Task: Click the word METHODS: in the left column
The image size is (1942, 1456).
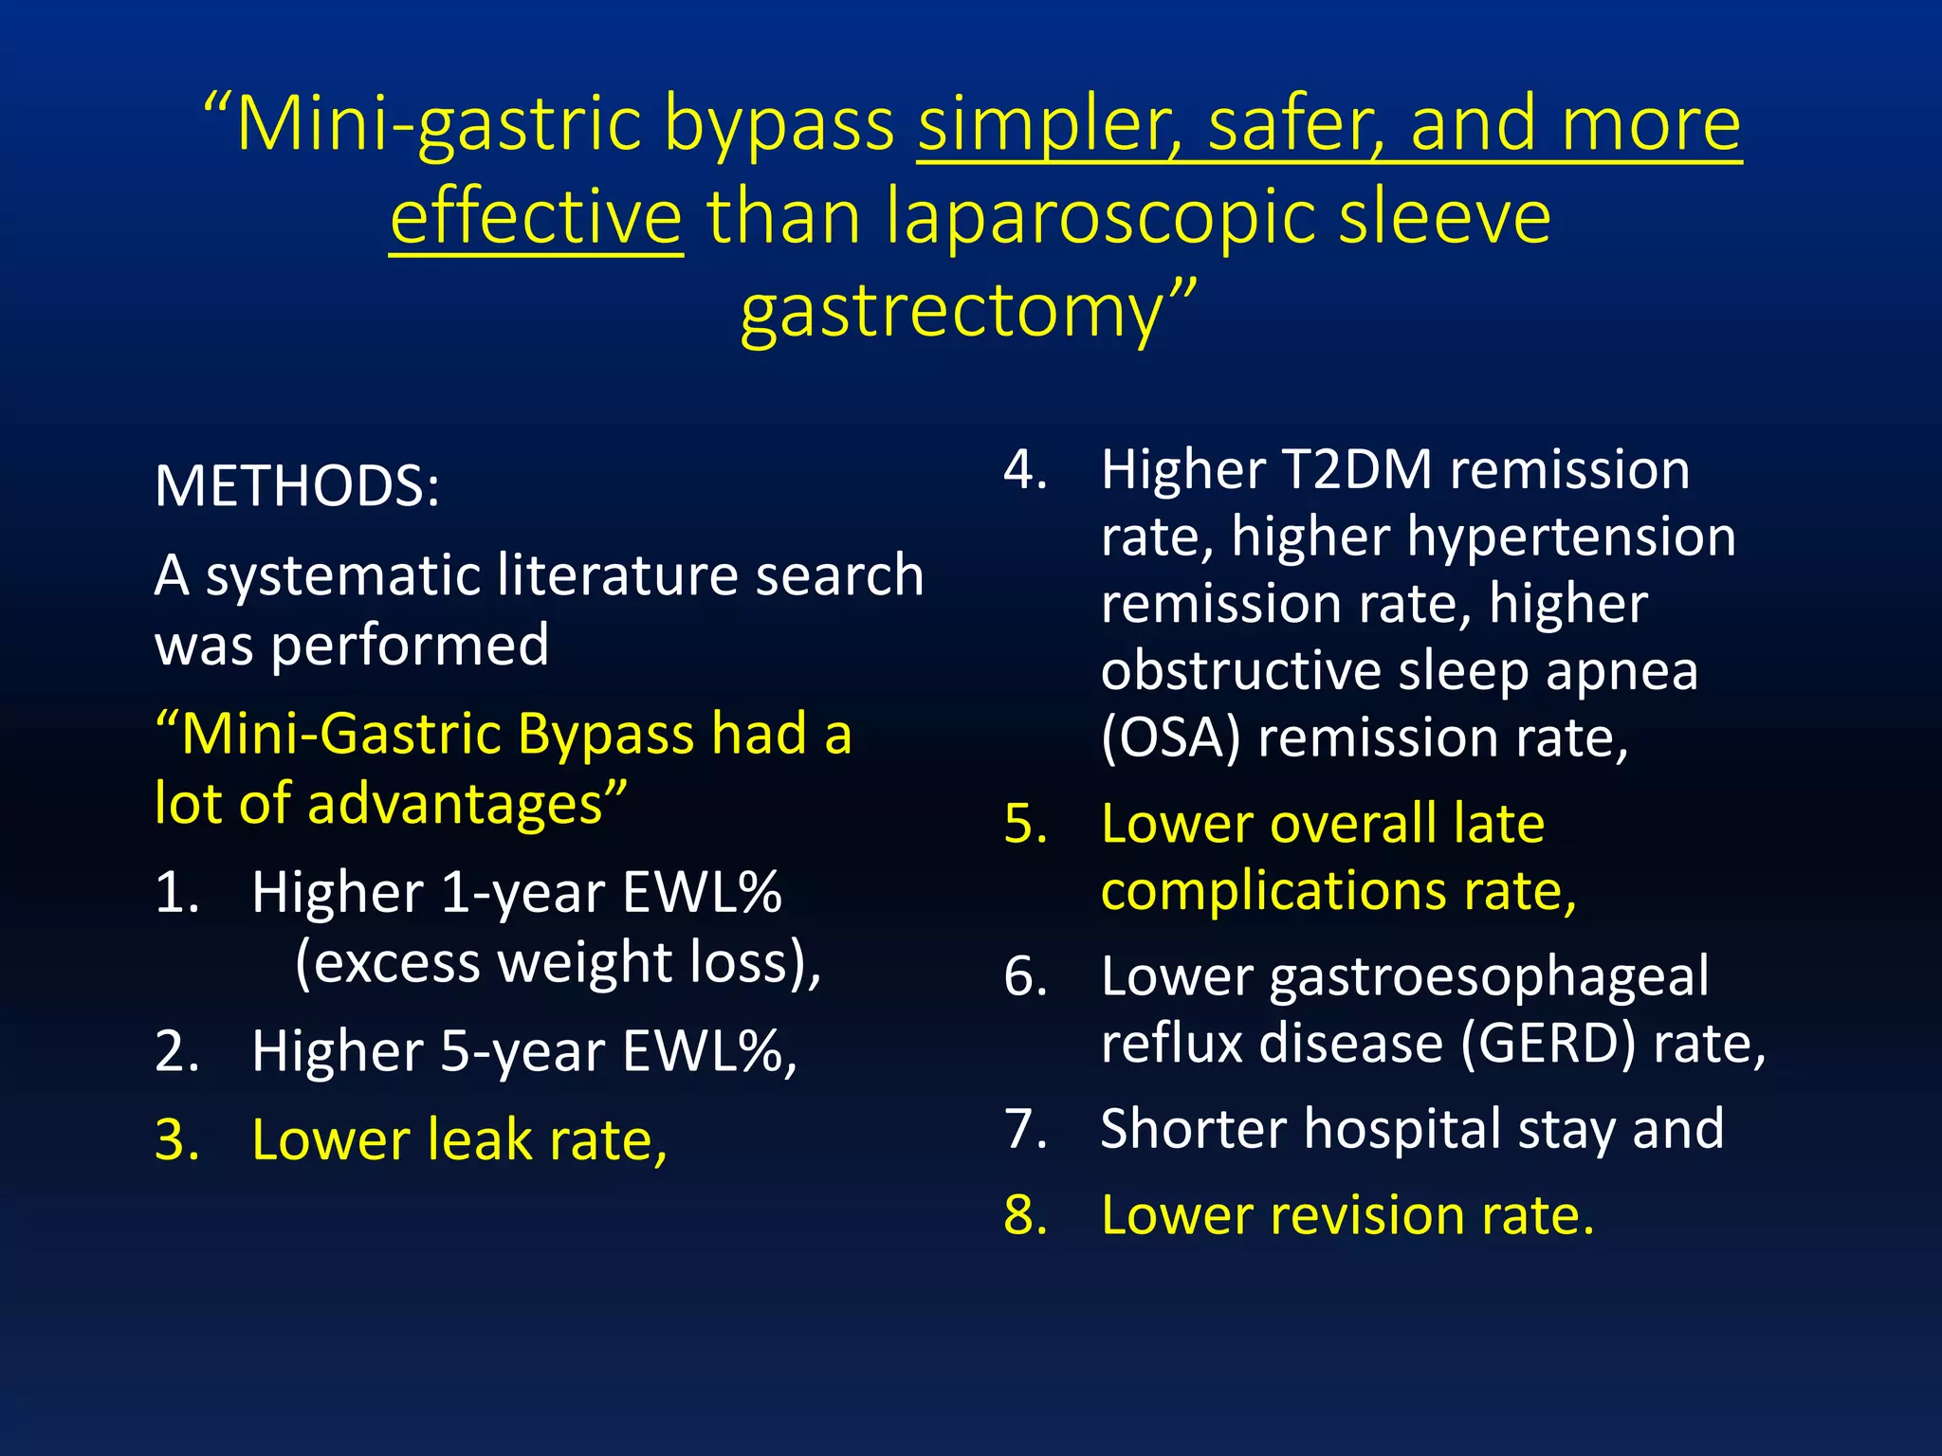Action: pyautogui.click(x=297, y=486)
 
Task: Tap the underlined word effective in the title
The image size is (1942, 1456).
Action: pyautogui.click(x=536, y=217)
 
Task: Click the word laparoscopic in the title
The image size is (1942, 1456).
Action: pyautogui.click(x=1100, y=217)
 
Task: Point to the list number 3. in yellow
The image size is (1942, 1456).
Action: pyautogui.click(x=177, y=1139)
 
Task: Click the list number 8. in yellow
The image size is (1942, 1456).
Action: pyautogui.click(x=1026, y=1215)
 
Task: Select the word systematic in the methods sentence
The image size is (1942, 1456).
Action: pyautogui.click(x=341, y=575)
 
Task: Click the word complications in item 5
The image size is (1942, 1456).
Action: pyautogui.click(x=1273, y=891)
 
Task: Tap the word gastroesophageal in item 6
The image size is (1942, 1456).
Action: pyautogui.click(x=1489, y=976)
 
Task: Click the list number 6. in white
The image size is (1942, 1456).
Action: pyautogui.click(x=1026, y=976)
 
